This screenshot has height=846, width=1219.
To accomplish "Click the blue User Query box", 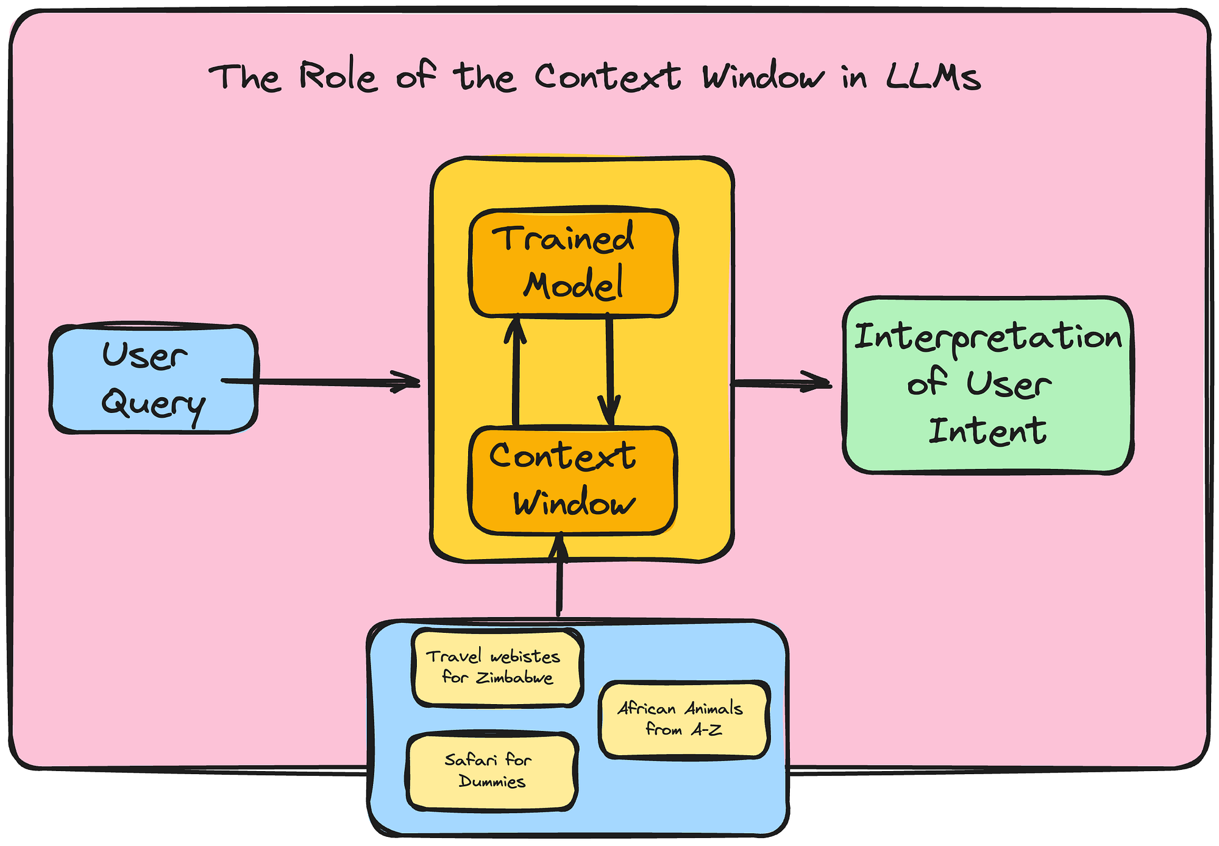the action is [154, 379].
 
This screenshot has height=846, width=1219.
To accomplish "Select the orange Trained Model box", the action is [573, 263].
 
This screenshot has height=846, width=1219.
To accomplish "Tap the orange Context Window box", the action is [572, 481].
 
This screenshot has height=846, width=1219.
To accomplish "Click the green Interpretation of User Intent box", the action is [988, 385].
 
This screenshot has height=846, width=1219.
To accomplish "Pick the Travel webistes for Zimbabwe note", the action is [497, 668].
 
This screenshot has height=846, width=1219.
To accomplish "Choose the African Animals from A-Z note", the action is [684, 719].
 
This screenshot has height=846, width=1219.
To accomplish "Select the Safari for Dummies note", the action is [491, 771].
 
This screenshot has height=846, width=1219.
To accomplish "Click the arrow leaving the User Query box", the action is [321, 382].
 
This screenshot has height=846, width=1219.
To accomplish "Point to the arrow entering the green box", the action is [781, 382].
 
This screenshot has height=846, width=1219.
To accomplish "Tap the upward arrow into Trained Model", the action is [516, 370].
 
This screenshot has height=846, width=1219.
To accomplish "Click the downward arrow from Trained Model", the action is [609, 369].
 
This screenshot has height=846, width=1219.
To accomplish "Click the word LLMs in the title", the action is [933, 78].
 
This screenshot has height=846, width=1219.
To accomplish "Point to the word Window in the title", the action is [762, 77].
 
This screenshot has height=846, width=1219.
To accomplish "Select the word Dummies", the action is [492, 781].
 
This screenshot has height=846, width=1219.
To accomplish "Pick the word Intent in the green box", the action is [987, 431].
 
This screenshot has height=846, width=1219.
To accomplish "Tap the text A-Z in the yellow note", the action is [706, 729].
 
